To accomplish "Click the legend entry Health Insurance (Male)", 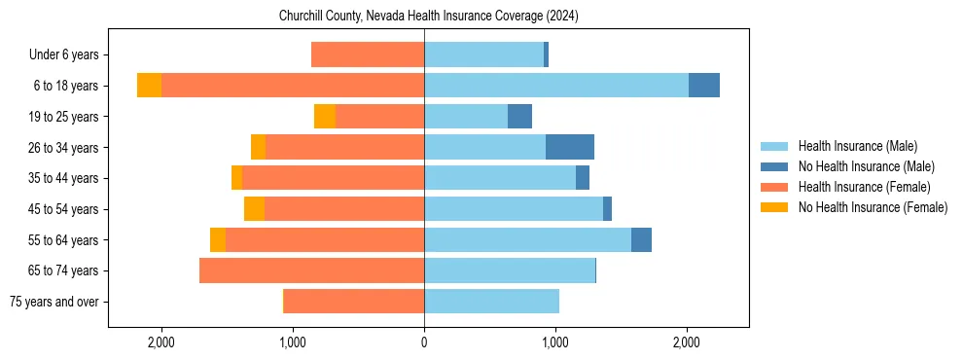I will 857,146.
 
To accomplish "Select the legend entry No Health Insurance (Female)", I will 872,207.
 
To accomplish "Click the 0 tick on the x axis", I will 424,342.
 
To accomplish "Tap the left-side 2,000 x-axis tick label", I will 160,342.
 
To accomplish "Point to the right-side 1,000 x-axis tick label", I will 555,342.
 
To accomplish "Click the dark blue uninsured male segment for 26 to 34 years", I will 570,147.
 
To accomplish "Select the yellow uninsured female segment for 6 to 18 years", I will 149,86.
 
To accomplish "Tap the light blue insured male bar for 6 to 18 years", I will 556,86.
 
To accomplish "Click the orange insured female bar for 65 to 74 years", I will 311,270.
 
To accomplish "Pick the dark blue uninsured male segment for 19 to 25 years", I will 519,117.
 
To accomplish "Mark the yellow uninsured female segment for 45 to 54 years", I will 254,209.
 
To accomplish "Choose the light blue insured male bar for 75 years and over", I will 491,302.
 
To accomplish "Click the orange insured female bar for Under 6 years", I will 368,54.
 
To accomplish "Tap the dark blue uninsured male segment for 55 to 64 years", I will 641,239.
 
